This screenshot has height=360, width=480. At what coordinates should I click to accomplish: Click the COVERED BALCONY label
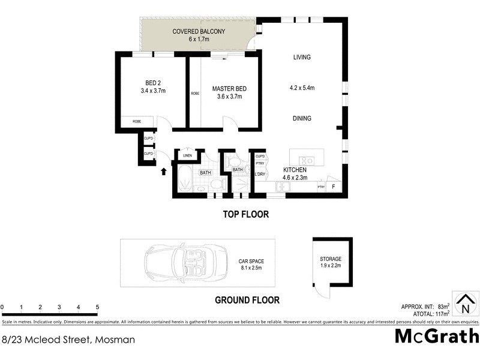coord(199,31)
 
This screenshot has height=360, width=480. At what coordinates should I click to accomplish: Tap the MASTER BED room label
coord(229,89)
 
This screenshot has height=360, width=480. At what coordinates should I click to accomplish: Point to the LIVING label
coord(302,58)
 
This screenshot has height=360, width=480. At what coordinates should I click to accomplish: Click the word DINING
coord(302,118)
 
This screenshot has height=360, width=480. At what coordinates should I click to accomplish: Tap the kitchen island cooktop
coord(307,160)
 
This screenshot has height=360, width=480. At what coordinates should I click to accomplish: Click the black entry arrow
coord(164,172)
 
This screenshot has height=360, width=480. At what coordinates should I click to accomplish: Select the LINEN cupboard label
coord(187,157)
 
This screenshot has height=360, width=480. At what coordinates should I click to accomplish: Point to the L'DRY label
coord(260,175)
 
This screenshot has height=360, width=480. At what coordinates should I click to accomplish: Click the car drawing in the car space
coord(179,262)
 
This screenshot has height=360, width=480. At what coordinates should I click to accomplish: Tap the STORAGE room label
coord(330,259)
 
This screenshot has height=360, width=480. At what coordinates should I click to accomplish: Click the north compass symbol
coord(466,304)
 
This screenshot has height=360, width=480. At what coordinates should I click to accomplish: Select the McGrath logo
coord(436,335)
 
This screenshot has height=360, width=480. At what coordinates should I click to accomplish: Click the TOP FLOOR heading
coord(245,214)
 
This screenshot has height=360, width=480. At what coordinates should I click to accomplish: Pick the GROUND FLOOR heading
coord(247,300)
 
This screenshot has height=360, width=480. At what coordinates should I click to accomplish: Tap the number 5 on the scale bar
coord(97,307)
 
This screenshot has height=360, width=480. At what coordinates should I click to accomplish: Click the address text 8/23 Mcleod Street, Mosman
coord(67,340)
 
